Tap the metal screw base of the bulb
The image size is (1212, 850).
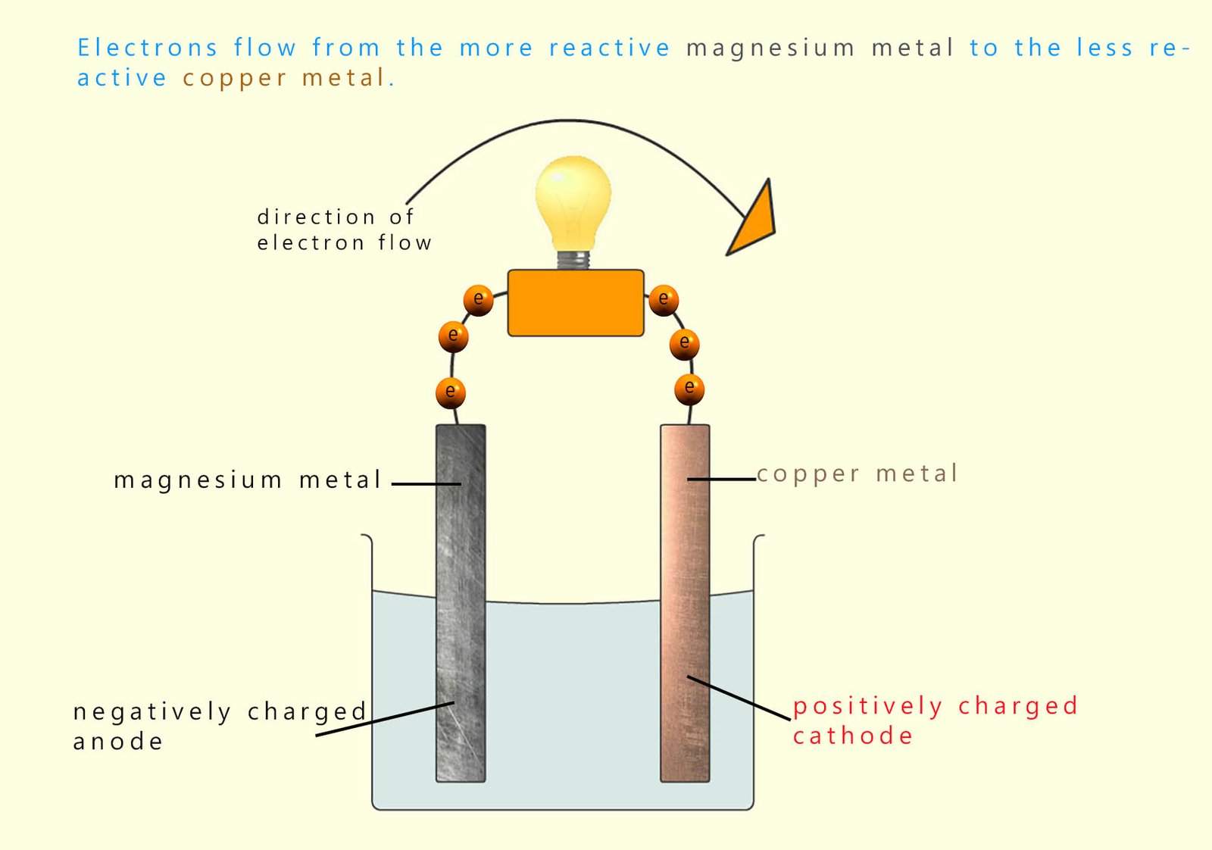tap(573, 260)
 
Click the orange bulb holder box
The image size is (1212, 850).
tap(576, 303)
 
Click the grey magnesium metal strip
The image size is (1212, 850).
tap(461, 606)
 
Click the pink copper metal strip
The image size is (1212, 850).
tap(685, 606)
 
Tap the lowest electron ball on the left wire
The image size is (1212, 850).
tap(451, 392)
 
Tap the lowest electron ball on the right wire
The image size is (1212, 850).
tap(689, 388)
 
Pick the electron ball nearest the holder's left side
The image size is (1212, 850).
tap(478, 299)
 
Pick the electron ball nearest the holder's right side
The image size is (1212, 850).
tap(664, 299)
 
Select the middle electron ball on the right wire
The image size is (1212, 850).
tap(684, 343)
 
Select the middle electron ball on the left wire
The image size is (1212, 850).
tap(453, 336)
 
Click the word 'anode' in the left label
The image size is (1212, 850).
tap(118, 742)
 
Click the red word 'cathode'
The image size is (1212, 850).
tap(853, 736)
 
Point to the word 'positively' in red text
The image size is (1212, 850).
tap(867, 707)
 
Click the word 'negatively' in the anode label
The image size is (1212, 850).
tap(151, 712)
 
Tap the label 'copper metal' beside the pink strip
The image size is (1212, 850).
tap(857, 474)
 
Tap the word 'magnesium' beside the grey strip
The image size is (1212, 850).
tap(198, 480)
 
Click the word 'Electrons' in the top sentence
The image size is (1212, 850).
tap(148, 48)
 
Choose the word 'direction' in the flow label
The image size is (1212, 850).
tap(316, 217)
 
